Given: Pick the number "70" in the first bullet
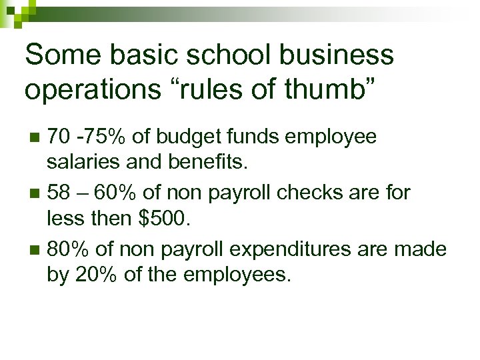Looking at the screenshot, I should tap(58, 137).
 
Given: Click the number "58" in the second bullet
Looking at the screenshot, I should tap(58, 193).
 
